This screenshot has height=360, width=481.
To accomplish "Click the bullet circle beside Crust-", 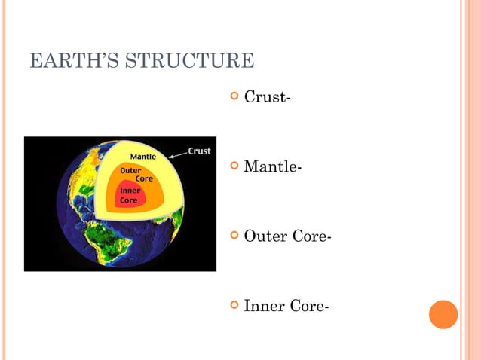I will (234, 97).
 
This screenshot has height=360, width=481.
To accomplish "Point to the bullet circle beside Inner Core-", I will (234, 305).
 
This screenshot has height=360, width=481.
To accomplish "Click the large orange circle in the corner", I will (443, 314).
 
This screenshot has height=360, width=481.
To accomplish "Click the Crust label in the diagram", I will (199, 151).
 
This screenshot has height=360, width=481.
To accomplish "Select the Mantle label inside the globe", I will (143, 157).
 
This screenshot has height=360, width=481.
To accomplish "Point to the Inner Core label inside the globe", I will (130, 196).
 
